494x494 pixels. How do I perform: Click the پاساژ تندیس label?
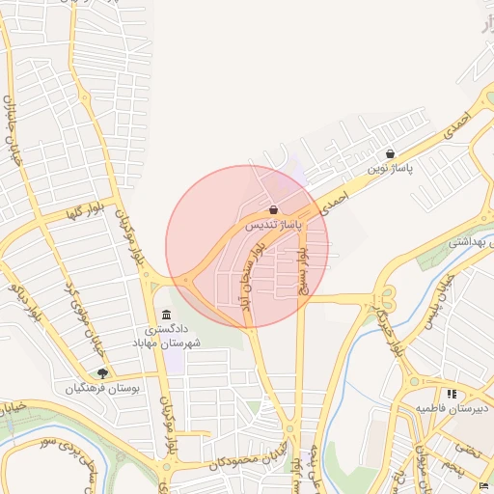[x=273, y=224]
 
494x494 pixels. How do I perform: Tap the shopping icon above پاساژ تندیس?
[x=274, y=209]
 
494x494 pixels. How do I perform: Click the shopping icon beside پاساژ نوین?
[x=390, y=153]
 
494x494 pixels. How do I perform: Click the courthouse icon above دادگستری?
[x=167, y=316]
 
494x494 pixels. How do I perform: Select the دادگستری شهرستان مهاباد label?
[x=167, y=337]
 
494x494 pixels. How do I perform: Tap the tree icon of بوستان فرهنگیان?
[x=103, y=373]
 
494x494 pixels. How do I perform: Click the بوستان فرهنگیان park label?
[x=102, y=388]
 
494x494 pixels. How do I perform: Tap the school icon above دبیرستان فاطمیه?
[x=452, y=394]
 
